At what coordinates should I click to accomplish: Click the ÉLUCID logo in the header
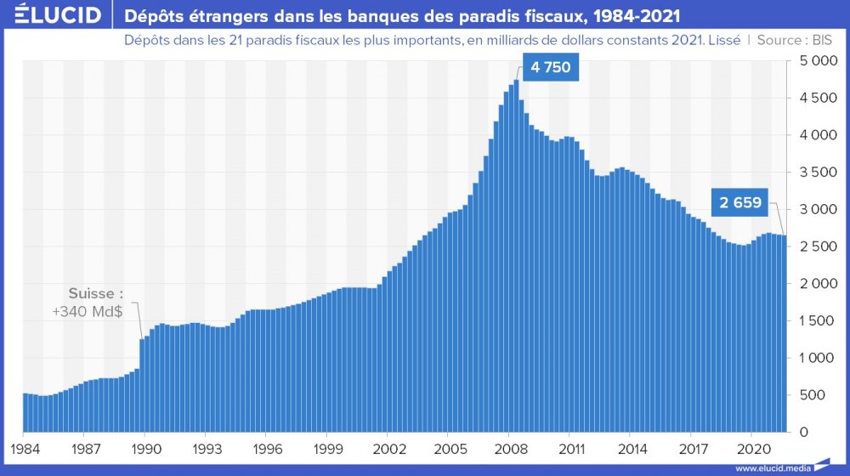pyautogui.click(x=53, y=15)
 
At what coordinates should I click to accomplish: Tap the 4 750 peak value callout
pyautogui.click(x=550, y=67)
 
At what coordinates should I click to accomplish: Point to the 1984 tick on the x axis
pyautogui.click(x=22, y=447)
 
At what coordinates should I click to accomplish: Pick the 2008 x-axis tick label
pyautogui.click(x=509, y=447)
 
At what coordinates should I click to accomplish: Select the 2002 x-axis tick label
pyautogui.click(x=388, y=447)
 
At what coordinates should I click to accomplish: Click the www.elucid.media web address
pyautogui.click(x=773, y=467)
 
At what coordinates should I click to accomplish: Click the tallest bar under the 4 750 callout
pyautogui.click(x=516, y=255)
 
